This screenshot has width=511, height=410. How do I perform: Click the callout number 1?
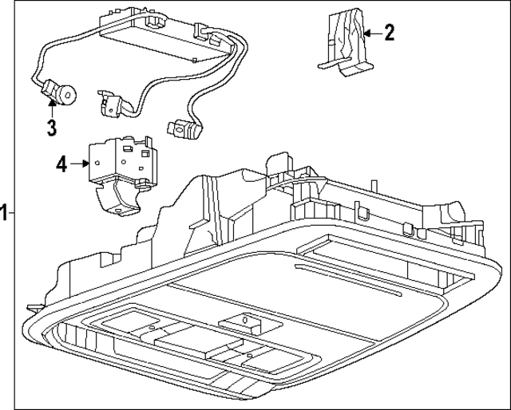[5, 212]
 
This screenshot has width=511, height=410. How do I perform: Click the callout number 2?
[389, 33]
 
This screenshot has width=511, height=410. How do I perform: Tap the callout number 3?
[50, 126]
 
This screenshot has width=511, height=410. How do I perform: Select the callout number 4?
[61, 164]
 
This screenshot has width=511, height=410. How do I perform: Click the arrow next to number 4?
[80, 164]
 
